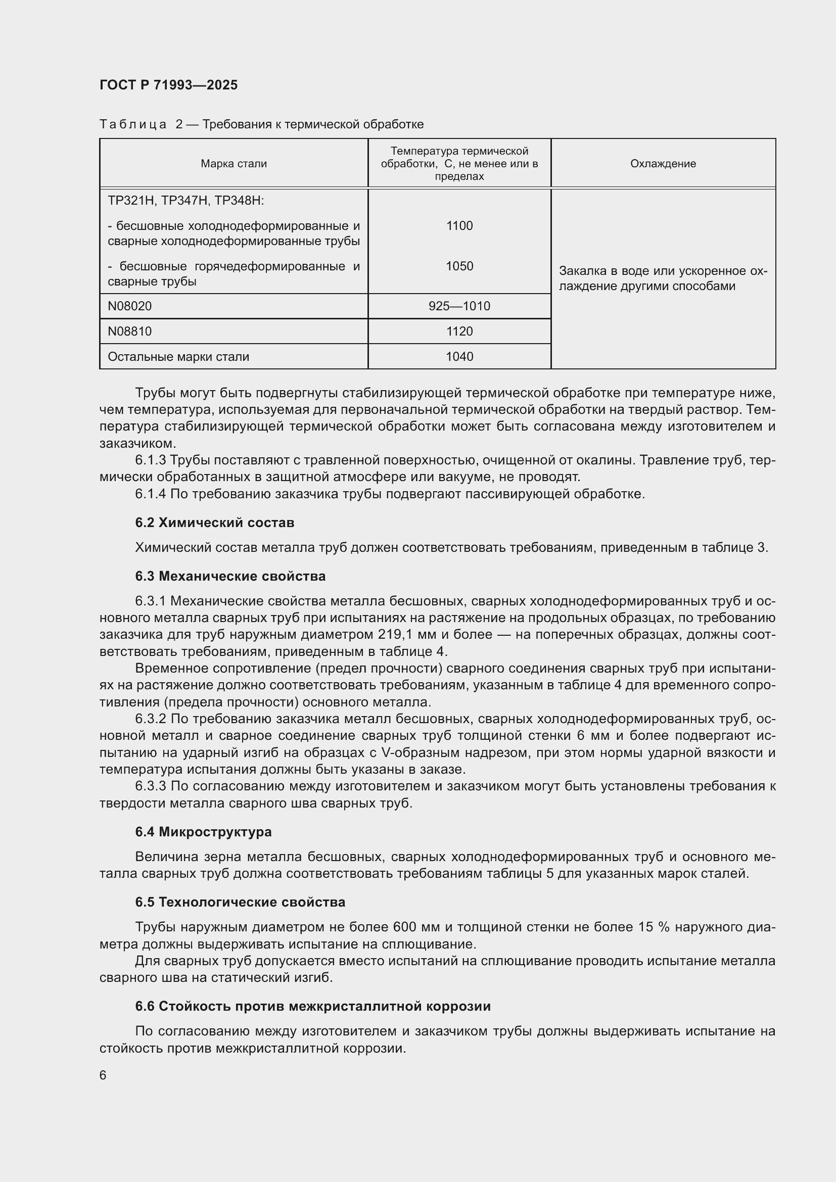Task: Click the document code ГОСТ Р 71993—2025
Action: pos(168,85)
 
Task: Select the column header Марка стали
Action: pos(234,164)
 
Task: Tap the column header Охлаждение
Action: pos(663,164)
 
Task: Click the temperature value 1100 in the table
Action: pos(459,225)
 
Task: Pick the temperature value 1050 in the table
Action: pos(459,266)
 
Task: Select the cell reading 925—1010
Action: pos(459,306)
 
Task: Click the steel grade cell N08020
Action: pos(130,306)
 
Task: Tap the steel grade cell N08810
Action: pos(130,332)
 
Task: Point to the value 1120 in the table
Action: pos(459,332)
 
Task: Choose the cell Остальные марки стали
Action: pos(178,357)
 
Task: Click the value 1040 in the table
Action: pos(459,357)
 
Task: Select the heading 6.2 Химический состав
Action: pos(215,523)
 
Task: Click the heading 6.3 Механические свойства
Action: pos(230,576)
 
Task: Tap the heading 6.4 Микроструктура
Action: pos(203,832)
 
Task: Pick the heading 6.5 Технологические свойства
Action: pos(240,902)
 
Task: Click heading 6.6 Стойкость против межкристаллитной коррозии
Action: pos(312,1007)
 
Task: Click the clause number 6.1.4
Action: pos(150,494)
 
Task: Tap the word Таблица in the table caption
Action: pos(133,125)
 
